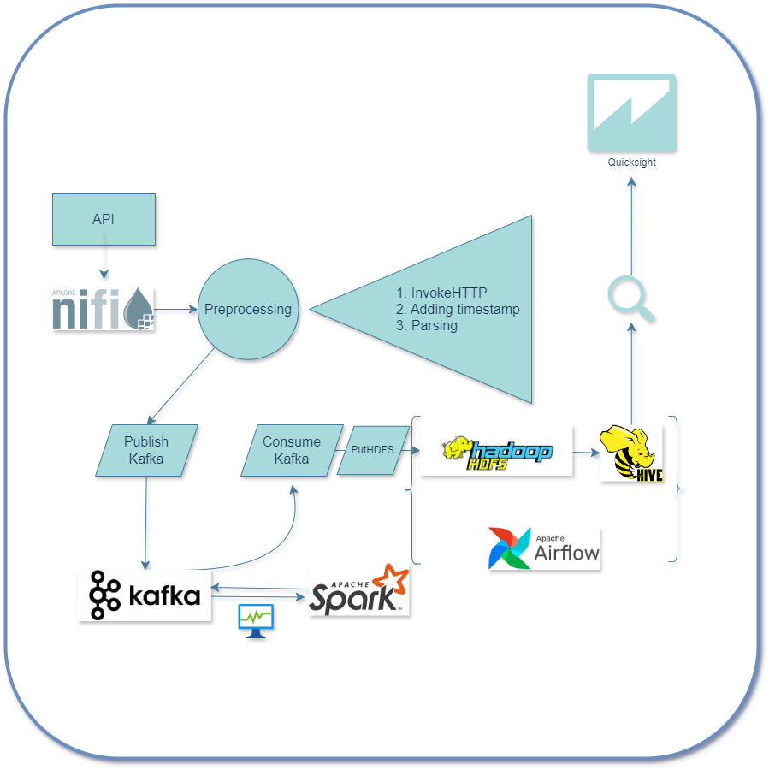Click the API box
point(104,219)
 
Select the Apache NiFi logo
point(104,309)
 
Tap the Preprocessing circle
point(247,309)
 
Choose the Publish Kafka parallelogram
point(146,450)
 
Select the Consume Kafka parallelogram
point(291,450)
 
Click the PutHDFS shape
point(372,449)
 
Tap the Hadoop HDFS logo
point(497,450)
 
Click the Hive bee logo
point(631,453)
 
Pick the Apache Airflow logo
point(544,548)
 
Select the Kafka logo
point(145,595)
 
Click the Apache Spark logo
point(359,589)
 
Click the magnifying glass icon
point(631,299)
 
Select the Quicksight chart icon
point(631,112)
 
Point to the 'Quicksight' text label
point(631,163)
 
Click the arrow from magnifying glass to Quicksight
point(631,222)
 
